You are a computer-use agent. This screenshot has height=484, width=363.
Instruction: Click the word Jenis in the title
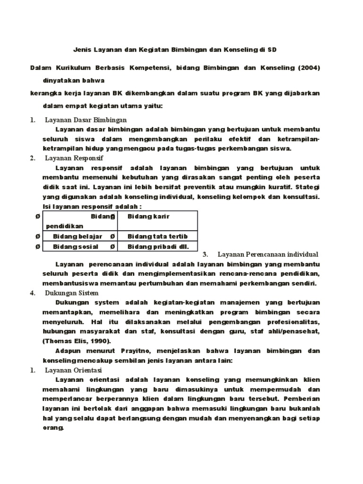click(x=81, y=49)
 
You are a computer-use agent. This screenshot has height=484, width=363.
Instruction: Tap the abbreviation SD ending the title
click(x=272, y=49)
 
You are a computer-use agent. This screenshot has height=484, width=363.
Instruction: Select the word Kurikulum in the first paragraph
click(x=72, y=68)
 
